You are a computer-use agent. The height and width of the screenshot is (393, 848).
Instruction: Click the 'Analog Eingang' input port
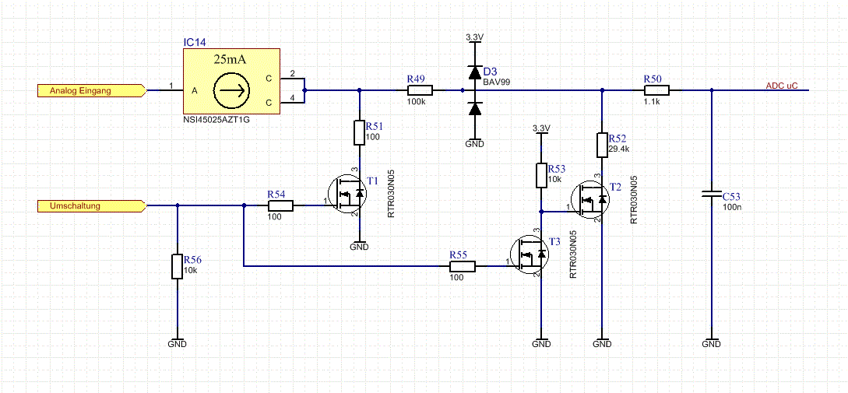point(91,91)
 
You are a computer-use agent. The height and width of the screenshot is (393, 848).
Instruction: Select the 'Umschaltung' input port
point(91,205)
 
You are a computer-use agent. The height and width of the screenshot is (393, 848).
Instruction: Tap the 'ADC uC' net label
point(782,86)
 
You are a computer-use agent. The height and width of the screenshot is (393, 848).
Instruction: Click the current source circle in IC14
point(231,91)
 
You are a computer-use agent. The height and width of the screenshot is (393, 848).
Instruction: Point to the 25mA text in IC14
point(231,59)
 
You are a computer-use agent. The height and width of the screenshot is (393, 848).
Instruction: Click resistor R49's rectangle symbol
point(420,91)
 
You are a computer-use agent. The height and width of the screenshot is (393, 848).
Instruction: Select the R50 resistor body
point(656,91)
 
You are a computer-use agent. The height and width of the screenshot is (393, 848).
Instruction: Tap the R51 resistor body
point(359,132)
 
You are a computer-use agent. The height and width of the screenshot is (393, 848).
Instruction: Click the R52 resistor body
point(602,144)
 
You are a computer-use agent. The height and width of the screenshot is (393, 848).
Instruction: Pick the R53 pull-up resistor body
point(541,174)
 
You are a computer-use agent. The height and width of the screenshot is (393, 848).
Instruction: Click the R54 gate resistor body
point(280,205)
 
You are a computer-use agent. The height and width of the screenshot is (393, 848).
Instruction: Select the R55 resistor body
point(463,266)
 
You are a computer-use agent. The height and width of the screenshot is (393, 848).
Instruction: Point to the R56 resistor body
point(177,266)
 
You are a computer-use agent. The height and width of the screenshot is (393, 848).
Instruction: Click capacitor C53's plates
point(711,195)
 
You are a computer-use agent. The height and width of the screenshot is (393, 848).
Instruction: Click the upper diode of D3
point(474,72)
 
